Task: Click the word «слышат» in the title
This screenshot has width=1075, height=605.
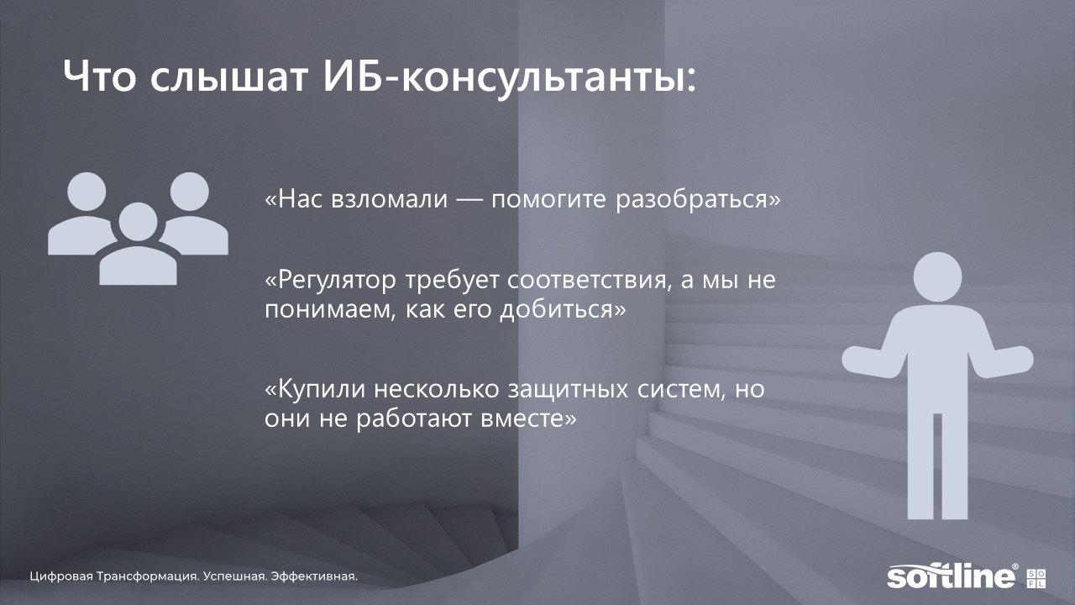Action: click(228, 77)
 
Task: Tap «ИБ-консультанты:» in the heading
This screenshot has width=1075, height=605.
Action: click(509, 77)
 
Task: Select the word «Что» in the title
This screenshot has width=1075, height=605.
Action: click(99, 76)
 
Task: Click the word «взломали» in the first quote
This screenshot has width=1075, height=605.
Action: click(389, 199)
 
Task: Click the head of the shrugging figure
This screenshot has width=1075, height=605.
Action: click(937, 277)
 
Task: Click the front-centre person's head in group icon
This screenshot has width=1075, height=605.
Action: click(139, 222)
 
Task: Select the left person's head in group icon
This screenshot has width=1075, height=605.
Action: click(87, 191)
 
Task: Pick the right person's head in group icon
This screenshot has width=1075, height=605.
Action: click(190, 191)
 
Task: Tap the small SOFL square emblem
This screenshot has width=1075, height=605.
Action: click(1036, 579)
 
